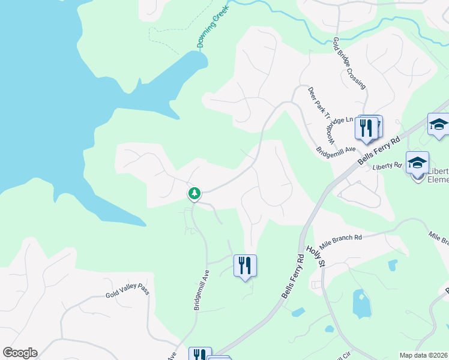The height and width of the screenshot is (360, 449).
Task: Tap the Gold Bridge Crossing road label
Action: tap(349, 64)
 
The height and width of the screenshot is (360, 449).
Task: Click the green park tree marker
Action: tap(194, 193)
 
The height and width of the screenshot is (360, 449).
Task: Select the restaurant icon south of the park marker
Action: tap(245, 265)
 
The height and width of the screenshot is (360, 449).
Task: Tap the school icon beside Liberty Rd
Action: tap(417, 163)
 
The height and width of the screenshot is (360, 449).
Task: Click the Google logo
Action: tap(20, 353)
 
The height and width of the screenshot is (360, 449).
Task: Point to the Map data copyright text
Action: tap(423, 355)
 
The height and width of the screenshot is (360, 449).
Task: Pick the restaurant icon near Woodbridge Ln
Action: tap(366, 127)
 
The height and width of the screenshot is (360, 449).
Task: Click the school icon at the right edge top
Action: tap(439, 124)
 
